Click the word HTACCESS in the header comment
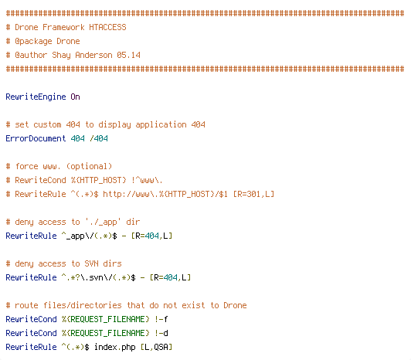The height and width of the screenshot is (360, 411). pos(107,27)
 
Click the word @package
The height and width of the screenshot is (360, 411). pos(33,42)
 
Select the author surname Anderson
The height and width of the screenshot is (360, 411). pos(93,55)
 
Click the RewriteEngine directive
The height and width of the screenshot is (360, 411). pos(36,97)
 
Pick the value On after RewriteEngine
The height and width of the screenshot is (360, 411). pos(75,97)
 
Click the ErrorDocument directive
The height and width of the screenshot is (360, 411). pos(36,138)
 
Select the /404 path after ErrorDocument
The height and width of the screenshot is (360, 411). pos(99,138)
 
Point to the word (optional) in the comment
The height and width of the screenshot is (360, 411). pos(89,167)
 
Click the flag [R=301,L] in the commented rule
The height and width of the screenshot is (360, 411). pos(253,194)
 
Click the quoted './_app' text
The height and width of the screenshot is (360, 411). pos(103,222)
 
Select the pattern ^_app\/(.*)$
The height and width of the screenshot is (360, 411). pos(89,236)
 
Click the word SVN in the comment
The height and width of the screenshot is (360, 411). pos(91,263)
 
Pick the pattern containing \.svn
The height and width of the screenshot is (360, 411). pos(99,277)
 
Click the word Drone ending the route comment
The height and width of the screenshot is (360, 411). pos(235,305)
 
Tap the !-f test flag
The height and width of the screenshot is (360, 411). pos(161,319)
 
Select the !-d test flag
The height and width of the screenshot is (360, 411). pos(161,333)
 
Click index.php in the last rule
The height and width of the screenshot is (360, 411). pos(114,347)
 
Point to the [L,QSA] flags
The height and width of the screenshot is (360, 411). pos(156,347)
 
